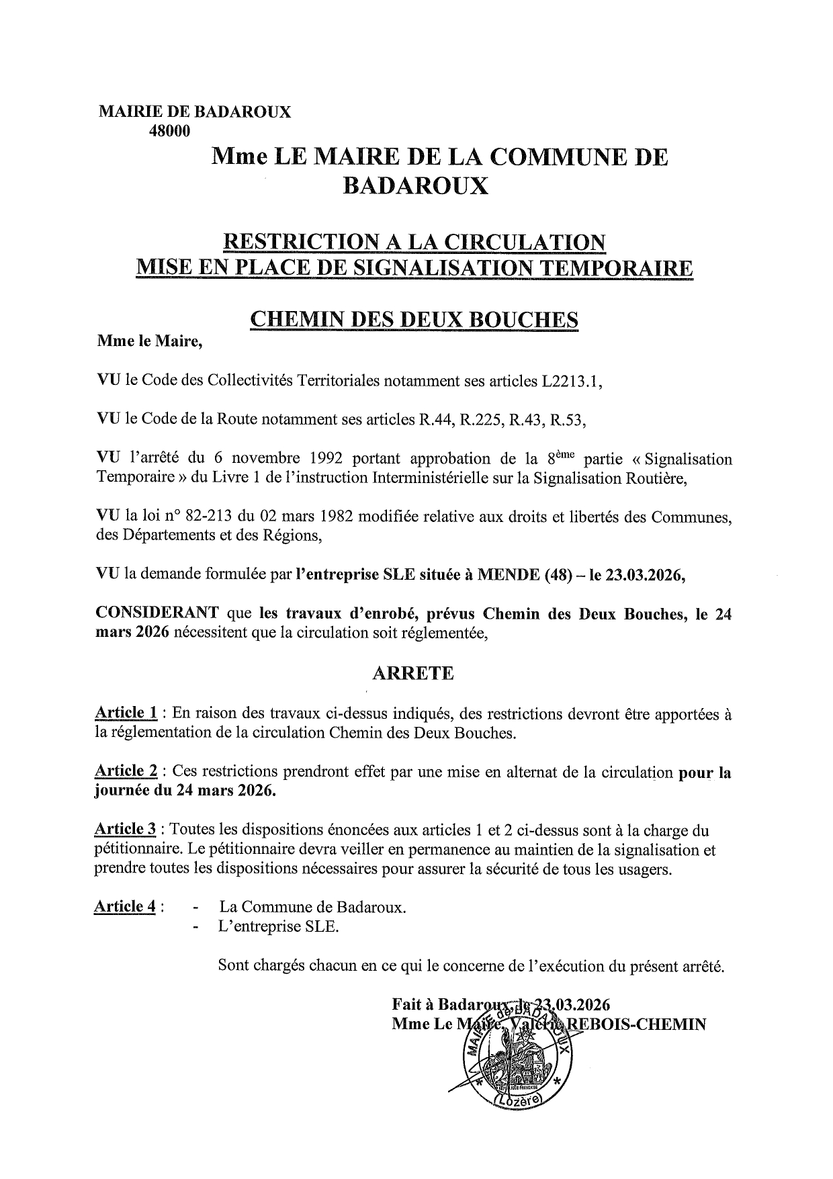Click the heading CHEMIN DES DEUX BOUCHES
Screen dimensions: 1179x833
(413, 319)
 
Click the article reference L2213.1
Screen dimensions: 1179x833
(572, 382)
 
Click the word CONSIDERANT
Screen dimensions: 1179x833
(157, 613)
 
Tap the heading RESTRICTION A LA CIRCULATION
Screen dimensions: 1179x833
(413, 242)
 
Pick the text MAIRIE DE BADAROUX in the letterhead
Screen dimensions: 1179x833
(195, 112)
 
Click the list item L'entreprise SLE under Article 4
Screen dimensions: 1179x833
(279, 927)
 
